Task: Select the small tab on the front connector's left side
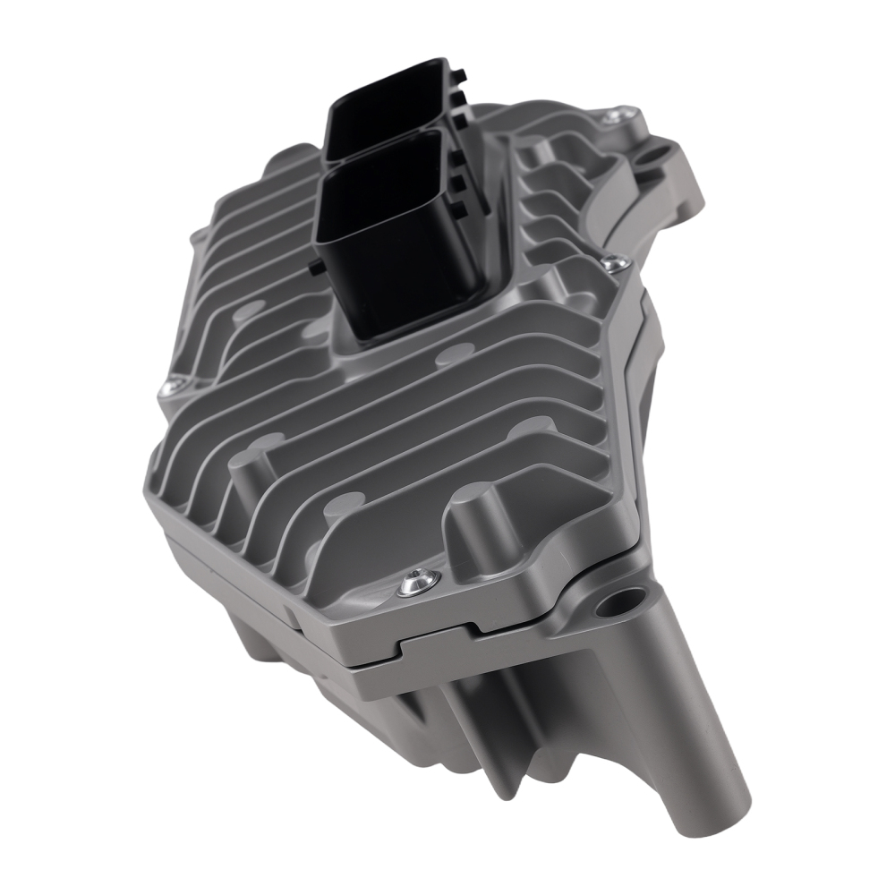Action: point(314,267)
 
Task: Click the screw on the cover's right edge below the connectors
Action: point(612,262)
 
